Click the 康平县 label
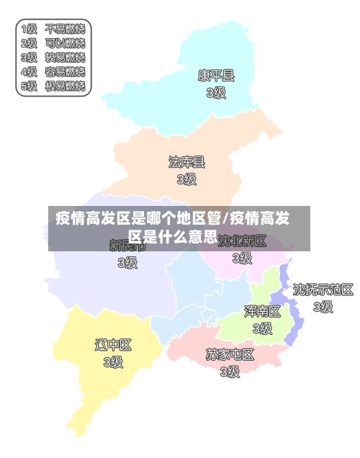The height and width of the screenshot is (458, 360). pyautogui.click(x=216, y=75)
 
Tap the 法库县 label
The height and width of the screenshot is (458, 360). pyautogui.click(x=186, y=162)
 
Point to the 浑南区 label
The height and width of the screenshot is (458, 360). pyautogui.click(x=262, y=311)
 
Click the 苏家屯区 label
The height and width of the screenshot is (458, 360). pyautogui.click(x=230, y=354)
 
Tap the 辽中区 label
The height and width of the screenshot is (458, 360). pyautogui.click(x=113, y=345)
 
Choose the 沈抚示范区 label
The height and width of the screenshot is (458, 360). pyautogui.click(x=323, y=289)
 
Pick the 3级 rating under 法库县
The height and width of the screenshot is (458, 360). pyautogui.click(x=186, y=179)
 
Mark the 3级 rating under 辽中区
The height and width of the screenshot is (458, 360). pyautogui.click(x=113, y=362)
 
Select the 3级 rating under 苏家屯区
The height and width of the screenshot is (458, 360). pyautogui.click(x=230, y=372)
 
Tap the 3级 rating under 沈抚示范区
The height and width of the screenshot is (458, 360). pyautogui.click(x=323, y=307)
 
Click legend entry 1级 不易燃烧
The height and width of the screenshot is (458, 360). pyautogui.click(x=53, y=30)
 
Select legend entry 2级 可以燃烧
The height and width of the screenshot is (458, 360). pyautogui.click(x=53, y=43)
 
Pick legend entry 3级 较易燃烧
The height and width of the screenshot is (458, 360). pyautogui.click(x=53, y=58)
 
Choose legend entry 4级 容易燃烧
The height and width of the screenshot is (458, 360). pyautogui.click(x=53, y=72)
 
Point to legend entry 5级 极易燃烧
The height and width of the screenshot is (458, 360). pyautogui.click(x=53, y=86)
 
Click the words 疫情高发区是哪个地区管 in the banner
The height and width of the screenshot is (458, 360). pyautogui.click(x=141, y=218)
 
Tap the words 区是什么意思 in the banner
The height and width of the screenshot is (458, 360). pyautogui.click(x=173, y=236)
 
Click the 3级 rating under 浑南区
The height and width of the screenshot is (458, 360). pyautogui.click(x=262, y=328)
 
